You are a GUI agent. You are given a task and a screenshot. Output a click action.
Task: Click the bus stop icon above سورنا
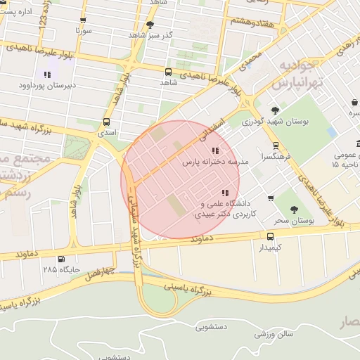[x=83, y=20]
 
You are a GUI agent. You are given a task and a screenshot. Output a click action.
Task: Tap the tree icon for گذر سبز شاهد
[x=150, y=25]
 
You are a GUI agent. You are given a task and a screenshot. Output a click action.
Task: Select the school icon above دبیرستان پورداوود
[x=47, y=75]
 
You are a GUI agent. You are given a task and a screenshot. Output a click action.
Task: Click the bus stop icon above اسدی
[x=106, y=121]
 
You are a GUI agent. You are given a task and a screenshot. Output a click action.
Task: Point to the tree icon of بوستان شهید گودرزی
[x=275, y=110]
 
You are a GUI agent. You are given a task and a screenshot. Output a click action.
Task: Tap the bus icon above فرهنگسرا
[x=275, y=146]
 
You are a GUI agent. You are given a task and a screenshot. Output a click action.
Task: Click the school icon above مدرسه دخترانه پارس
[x=214, y=150]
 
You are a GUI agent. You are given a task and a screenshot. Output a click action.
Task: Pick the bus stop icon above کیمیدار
[x=271, y=236]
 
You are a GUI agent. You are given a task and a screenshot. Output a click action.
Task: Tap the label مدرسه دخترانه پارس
[x=212, y=162]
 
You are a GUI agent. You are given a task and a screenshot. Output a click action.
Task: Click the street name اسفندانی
[x=214, y=126]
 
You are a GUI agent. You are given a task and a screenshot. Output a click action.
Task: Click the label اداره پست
[x=16, y=12]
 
